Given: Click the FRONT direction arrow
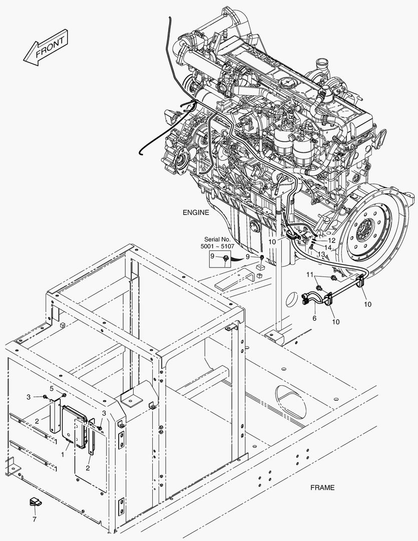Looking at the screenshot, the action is point(46,48).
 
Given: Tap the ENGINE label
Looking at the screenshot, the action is point(196,212).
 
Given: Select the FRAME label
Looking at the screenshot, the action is point(322,487).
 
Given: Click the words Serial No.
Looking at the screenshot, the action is point(217,239).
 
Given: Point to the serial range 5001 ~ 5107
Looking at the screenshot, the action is point(217,246).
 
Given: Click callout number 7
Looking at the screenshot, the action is point(35,519).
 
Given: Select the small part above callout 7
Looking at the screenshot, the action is point(36,502).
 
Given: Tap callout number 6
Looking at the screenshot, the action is point(314,318).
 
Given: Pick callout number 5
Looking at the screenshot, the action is point(52,389).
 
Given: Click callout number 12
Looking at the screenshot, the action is point(331,240).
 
